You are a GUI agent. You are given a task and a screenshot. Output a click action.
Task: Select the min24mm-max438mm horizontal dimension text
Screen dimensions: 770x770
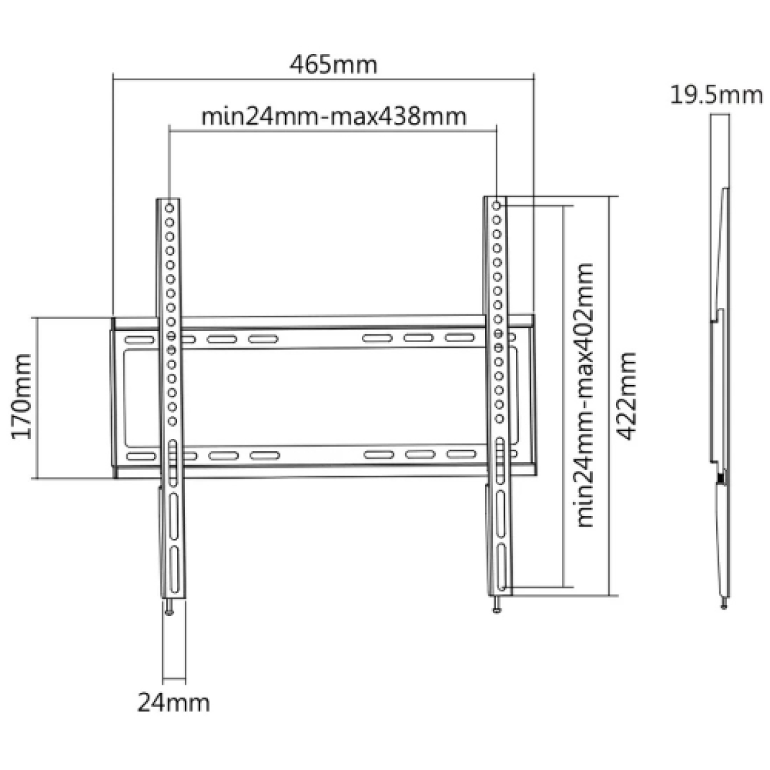point(333,117)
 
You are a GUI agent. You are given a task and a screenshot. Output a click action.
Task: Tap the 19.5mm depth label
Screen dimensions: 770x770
point(716,96)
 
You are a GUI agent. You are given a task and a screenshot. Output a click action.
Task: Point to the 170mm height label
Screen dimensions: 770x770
point(22,396)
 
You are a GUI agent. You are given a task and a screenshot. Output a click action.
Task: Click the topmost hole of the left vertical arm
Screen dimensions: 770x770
point(171,208)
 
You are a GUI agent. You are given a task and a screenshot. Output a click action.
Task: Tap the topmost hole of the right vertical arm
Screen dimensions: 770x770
point(497,205)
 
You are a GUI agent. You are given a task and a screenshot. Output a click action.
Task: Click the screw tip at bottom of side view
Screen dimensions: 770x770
point(724,604)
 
